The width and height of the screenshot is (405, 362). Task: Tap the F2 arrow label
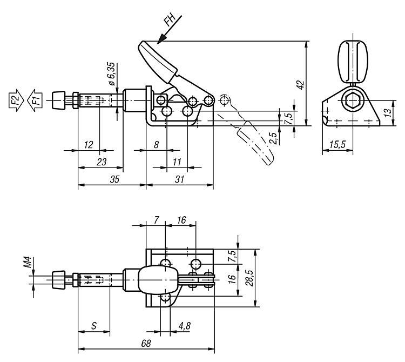click(17, 99)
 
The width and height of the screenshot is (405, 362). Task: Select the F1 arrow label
click(33, 99)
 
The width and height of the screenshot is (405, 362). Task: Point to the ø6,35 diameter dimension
click(112, 75)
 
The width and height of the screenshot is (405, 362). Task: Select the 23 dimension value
click(101, 160)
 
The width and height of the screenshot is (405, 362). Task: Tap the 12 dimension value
click(89, 144)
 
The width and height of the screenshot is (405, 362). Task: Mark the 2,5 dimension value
click(275, 138)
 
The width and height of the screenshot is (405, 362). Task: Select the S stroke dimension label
click(94, 326)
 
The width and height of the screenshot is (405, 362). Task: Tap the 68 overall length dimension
click(146, 344)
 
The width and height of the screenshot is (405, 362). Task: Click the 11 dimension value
click(176, 160)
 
